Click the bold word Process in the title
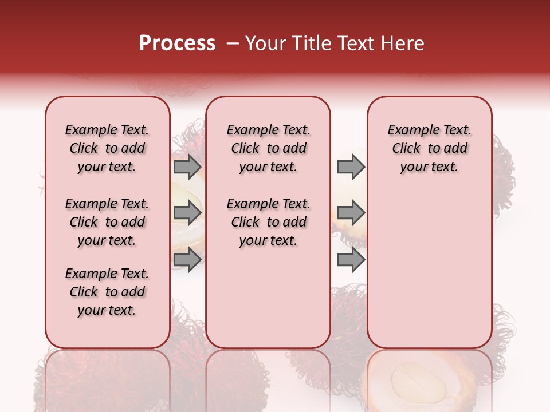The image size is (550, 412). tap(177, 43)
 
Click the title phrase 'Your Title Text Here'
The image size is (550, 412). tap(335, 43)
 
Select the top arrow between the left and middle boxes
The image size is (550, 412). tap(187, 167)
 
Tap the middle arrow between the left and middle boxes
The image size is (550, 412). tap(187, 213)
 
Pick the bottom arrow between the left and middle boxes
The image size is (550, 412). tap(187, 260)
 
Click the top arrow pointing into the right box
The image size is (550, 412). tap(351, 167)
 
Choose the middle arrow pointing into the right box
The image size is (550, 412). tap(351, 213)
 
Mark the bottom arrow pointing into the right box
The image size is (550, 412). tap(351, 260)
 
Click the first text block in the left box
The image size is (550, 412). tap(107, 148)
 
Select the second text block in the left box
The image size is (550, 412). tap(107, 222)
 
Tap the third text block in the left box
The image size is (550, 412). tap(107, 292)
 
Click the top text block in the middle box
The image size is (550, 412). tap(268, 148)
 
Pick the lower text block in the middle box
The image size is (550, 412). tap(268, 222)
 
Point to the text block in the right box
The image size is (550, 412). tap(429, 148)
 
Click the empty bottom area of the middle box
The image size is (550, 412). tap(268, 303)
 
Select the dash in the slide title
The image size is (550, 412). tap(232, 43)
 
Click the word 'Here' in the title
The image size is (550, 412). tap(403, 43)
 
